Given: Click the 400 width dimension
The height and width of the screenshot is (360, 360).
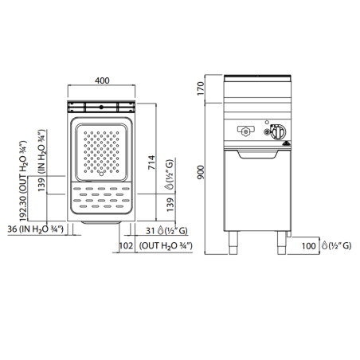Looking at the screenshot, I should point(101,80).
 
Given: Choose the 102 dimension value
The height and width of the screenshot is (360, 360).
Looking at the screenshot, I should point(126,247).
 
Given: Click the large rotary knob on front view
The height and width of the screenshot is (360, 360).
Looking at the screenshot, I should point(280,131).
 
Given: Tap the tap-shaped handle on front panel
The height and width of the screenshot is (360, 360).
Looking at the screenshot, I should point(247,131).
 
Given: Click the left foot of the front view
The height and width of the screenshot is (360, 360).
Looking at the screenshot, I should point(234,240).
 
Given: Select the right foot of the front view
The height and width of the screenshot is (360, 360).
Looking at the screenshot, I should point(280,240).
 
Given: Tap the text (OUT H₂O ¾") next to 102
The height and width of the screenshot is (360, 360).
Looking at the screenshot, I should point(166,247).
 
